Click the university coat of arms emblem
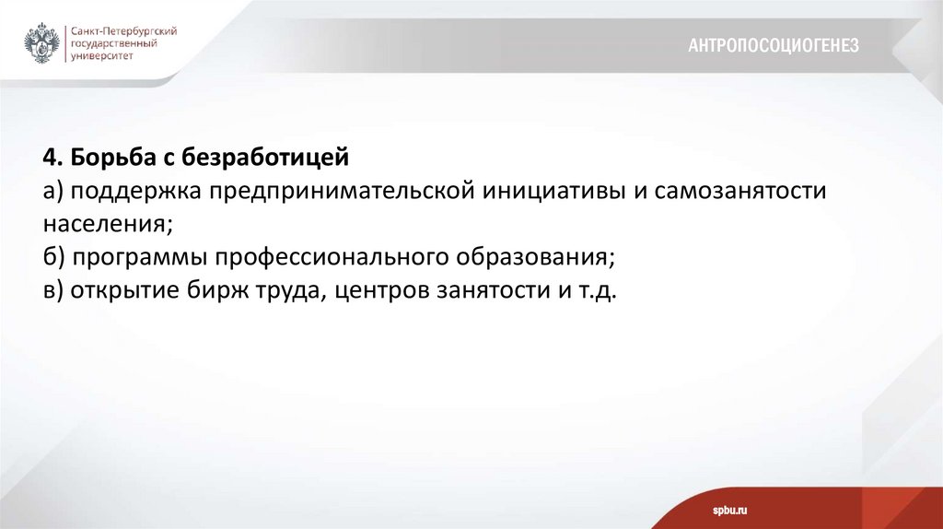(41, 43)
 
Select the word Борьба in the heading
(103, 159)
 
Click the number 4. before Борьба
(50, 159)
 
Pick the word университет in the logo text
(100, 56)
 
